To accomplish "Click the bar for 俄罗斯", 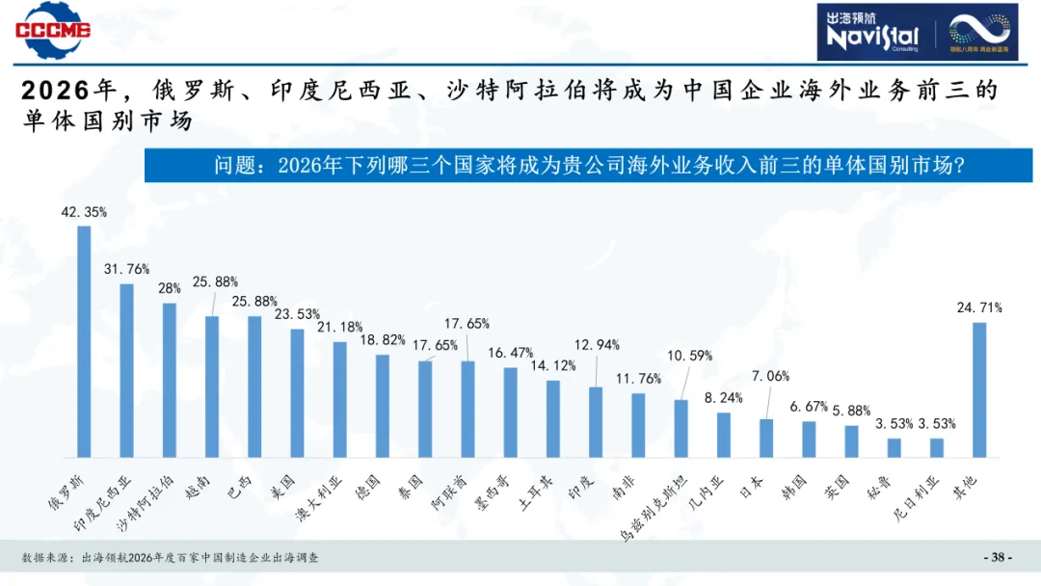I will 84,341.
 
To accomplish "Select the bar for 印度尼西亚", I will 126,370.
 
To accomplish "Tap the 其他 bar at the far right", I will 979,389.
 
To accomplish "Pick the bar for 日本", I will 766,438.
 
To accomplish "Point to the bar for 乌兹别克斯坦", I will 681,428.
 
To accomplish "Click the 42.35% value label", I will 85,211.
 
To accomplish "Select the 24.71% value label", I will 979,308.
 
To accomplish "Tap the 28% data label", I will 170,288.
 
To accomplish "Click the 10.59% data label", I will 690,356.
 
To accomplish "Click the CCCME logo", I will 52,27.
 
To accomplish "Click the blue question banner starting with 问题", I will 588,166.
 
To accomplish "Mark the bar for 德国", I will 383,406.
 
